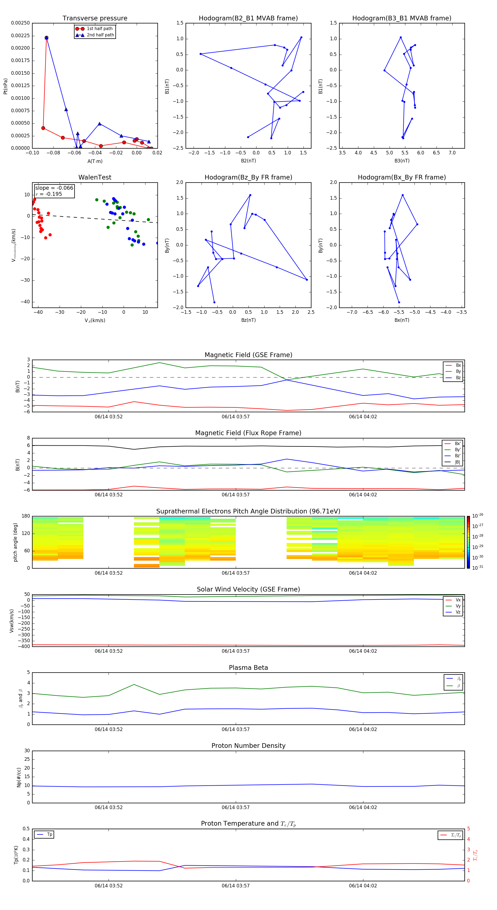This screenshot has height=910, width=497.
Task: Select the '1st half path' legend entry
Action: [99, 29]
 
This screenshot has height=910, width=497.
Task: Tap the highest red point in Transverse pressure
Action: [46, 38]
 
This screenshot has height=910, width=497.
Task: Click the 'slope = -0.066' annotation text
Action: [54, 188]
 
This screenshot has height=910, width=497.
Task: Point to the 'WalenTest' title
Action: [95, 177]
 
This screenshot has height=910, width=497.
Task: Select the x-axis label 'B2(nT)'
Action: [248, 161]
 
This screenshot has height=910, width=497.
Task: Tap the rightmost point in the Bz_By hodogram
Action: [307, 280]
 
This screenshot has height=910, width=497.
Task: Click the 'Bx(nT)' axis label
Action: [401, 320]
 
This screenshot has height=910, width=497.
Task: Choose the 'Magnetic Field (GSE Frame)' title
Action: [248, 355]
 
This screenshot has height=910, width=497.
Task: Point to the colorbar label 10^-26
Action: [478, 516]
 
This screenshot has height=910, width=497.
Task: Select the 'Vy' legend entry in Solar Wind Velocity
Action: [458, 606]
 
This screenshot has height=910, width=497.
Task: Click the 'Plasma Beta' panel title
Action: [248, 668]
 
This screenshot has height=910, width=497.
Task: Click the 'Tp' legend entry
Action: [49, 834]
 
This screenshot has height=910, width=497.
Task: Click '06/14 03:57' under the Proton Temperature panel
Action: [236, 886]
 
